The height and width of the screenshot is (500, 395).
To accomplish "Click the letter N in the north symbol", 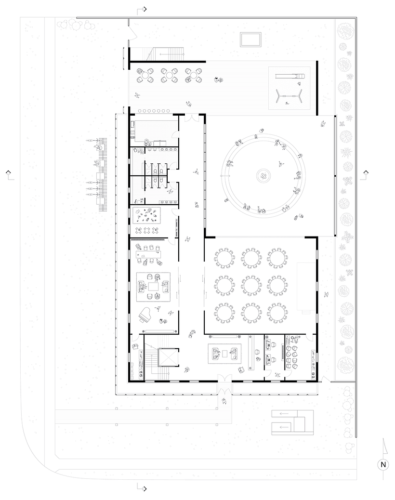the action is tap(383, 465).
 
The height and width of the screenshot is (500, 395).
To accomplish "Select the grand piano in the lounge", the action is tap(145, 316).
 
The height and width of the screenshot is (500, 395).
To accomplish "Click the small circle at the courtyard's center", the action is tap(264, 175).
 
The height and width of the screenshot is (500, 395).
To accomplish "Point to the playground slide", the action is tap(290, 76).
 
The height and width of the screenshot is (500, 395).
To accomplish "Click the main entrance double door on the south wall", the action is tap(225, 379).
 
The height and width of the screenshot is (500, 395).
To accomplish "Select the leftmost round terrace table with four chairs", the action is tap(145, 76).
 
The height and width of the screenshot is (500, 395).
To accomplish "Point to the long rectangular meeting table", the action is tap(148, 254).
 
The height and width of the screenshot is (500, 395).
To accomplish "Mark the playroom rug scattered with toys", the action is tap(146, 215).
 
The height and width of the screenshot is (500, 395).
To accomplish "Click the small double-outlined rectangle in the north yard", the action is tap(250, 39).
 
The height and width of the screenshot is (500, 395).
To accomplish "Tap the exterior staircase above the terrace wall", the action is tap(166, 54).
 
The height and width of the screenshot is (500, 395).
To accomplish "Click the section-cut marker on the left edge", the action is tap(10, 175).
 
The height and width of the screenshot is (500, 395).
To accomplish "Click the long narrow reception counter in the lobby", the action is tap(251, 352).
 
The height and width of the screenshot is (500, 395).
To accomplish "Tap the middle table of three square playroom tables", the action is tap(146, 230).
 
